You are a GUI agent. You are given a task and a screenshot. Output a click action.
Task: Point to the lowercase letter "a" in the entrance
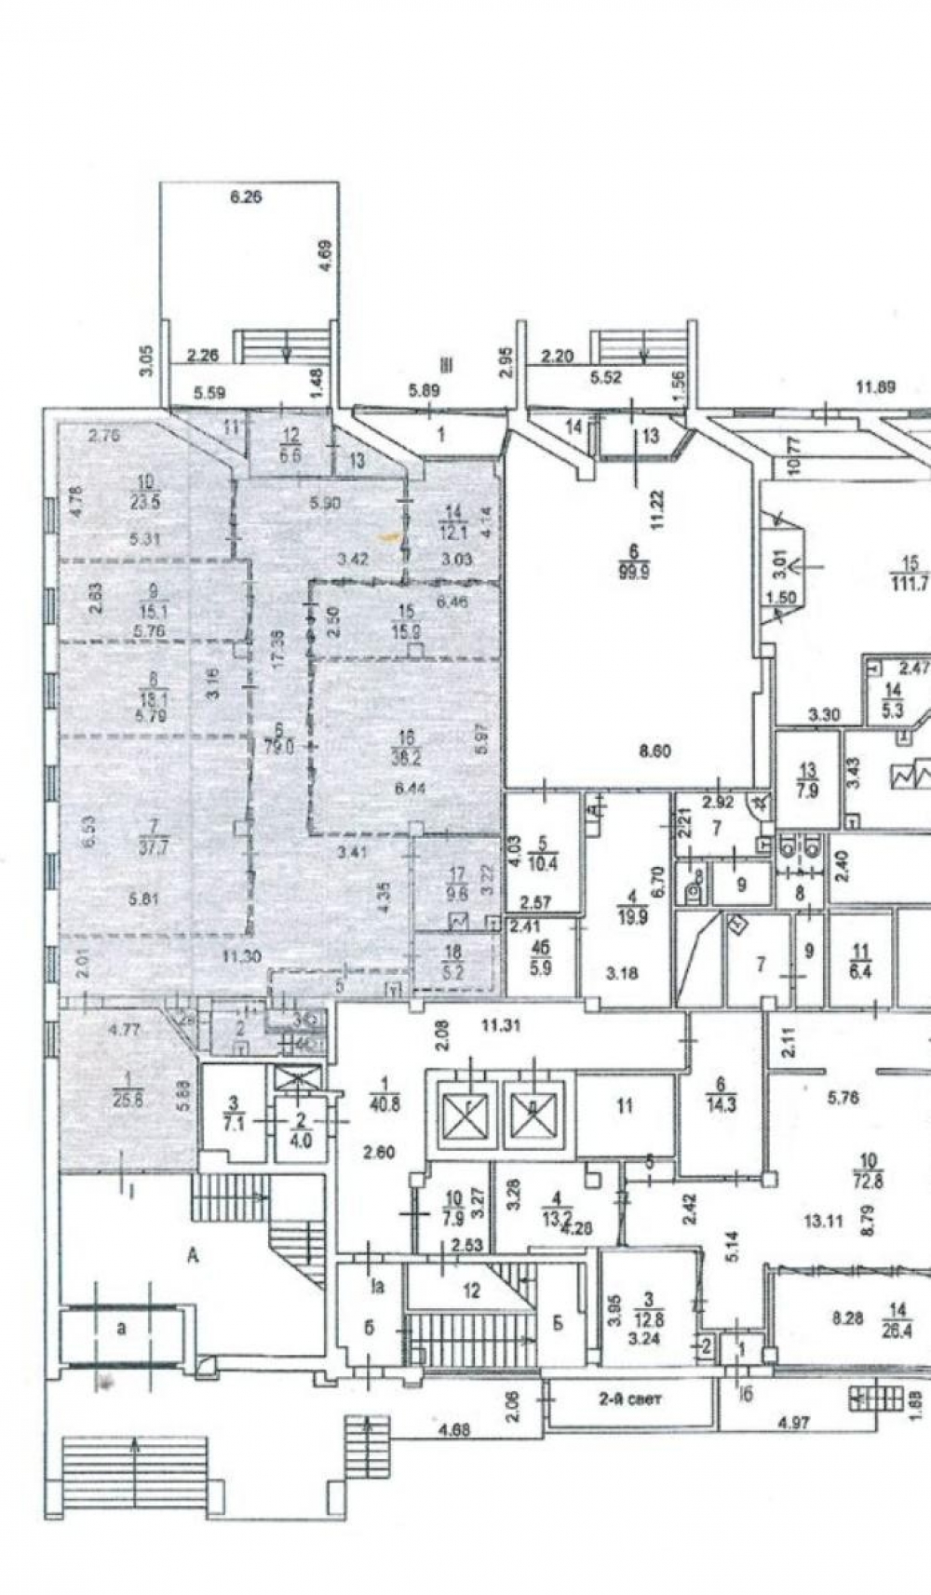pyautogui.click(x=121, y=1330)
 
